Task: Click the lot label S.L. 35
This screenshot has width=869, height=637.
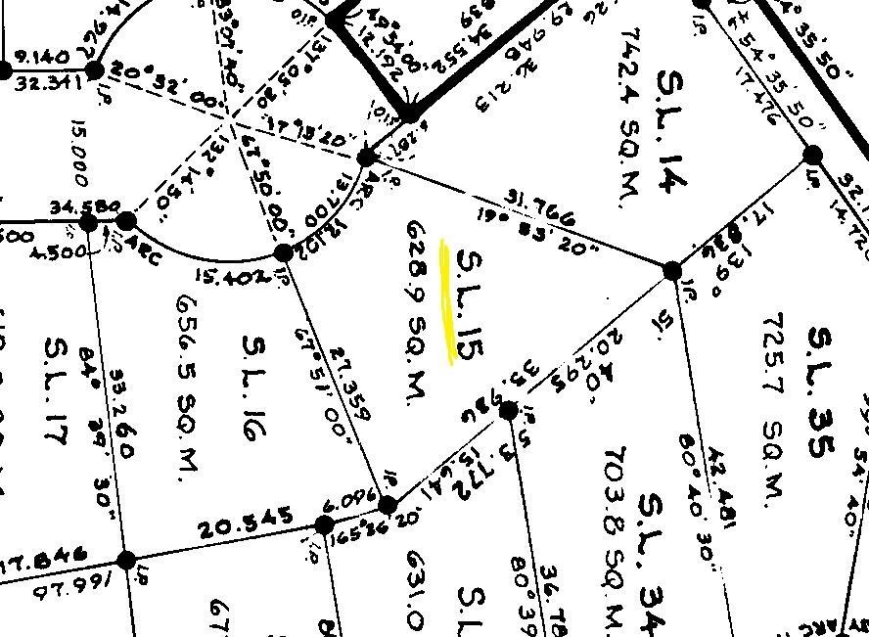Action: pos(823,391)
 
